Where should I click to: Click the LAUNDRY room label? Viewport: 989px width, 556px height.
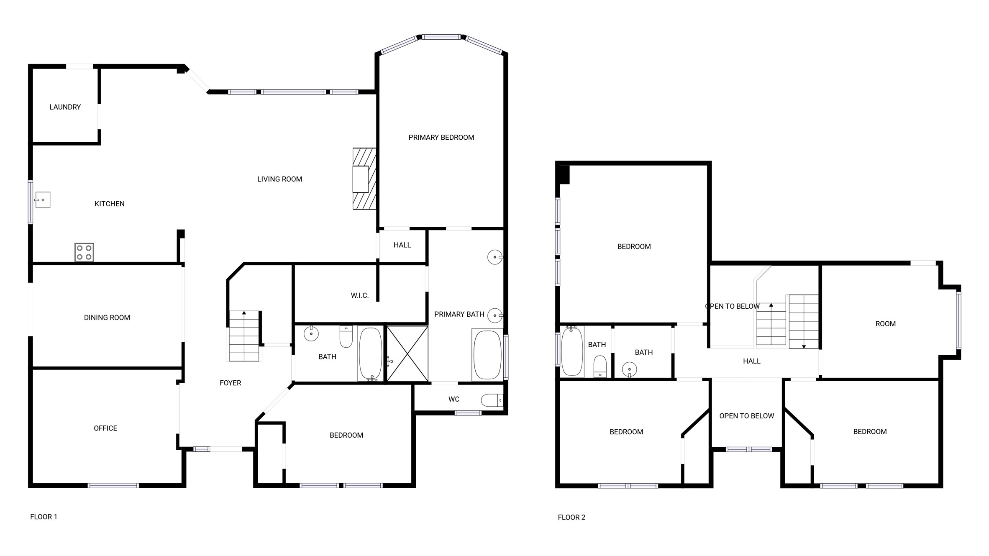tap(65, 107)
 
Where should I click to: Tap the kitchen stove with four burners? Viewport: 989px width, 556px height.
tap(84, 252)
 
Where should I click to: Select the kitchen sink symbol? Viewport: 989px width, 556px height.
tap(42, 200)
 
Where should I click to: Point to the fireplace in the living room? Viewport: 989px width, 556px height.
tap(364, 179)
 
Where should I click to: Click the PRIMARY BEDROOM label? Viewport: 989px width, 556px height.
tap(441, 137)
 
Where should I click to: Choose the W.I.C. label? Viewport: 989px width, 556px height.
tap(359, 295)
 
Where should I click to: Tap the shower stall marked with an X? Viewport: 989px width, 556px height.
tap(407, 354)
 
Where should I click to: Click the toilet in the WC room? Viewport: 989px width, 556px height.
tap(492, 400)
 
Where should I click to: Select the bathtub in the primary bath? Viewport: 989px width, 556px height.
tap(487, 355)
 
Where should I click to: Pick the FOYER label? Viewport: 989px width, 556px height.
tap(230, 383)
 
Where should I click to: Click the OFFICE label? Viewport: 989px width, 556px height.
tap(105, 428)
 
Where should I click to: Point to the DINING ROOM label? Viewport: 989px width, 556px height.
tap(107, 318)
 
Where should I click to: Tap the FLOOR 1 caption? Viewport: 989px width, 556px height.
tap(44, 517)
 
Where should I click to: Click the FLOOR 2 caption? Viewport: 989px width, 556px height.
tap(571, 517)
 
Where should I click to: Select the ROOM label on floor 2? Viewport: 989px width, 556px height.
tap(885, 323)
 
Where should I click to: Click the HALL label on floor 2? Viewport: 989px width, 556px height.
tap(751, 361)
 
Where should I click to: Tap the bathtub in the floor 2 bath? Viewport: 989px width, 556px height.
tap(572, 351)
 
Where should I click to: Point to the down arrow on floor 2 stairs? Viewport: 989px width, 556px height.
tap(804, 346)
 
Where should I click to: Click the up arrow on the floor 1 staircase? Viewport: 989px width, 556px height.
tap(244, 313)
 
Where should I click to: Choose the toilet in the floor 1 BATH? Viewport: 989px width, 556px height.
tap(346, 336)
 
